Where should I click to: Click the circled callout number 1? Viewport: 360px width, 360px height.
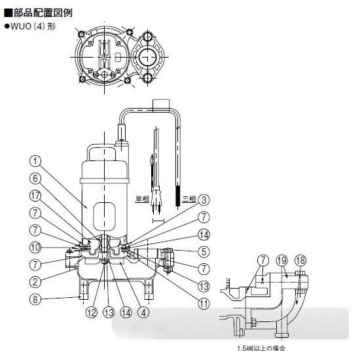pos(35,159)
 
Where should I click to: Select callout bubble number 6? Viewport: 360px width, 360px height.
pos(35,177)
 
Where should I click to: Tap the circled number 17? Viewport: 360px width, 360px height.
pos(35,194)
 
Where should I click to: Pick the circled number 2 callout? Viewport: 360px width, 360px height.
pos(35,281)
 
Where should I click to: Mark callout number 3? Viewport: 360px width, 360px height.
pos(204,200)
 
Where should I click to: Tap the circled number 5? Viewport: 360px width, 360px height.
pos(204,251)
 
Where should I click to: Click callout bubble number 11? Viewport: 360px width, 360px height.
pos(204,303)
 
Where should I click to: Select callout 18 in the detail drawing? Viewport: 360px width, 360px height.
pos(301,260)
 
